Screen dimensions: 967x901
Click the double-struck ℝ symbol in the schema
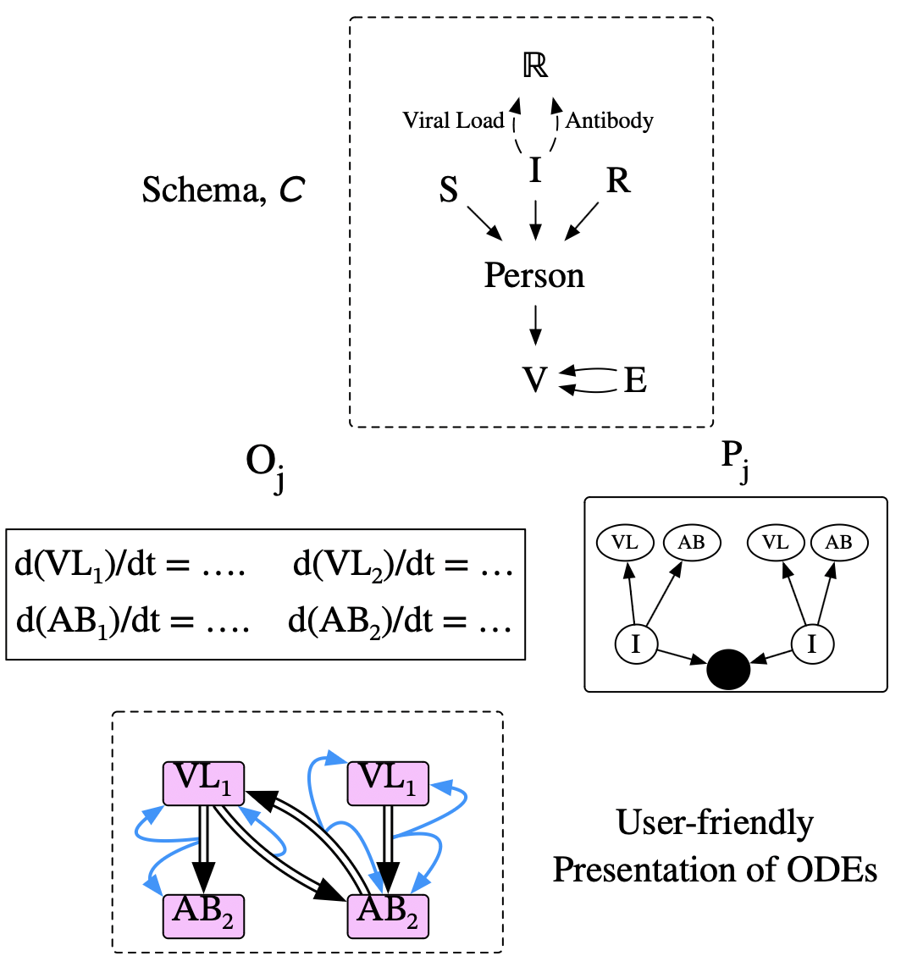[x=534, y=67]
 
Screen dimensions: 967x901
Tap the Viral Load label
[x=455, y=120]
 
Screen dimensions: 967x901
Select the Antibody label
[x=610, y=120]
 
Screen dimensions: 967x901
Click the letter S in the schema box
[x=449, y=189]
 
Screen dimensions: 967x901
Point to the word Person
[x=534, y=275]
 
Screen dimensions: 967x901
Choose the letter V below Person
[x=534, y=380]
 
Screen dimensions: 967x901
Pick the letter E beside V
[x=636, y=381]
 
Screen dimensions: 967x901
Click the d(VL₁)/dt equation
[x=130, y=565]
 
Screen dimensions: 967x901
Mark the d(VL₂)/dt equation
[x=403, y=565]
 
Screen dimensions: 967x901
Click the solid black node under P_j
[x=728, y=668]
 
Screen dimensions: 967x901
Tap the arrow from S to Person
[x=484, y=224]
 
